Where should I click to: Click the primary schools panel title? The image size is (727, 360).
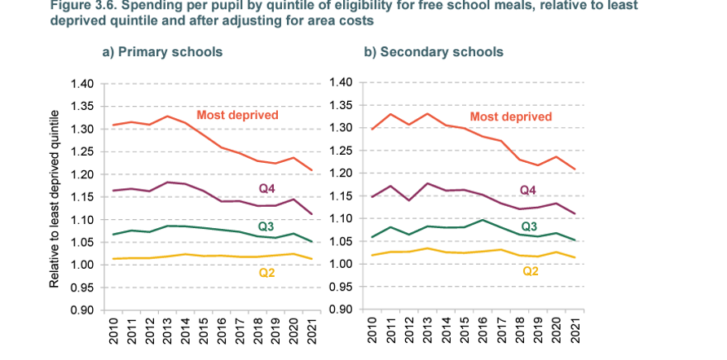[x=161, y=52]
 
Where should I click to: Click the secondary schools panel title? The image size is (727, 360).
[x=433, y=52]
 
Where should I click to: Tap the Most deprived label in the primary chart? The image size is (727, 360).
[x=238, y=115]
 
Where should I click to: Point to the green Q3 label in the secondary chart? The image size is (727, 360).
[x=530, y=226]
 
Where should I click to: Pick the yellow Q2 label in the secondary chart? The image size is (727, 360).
[x=530, y=270]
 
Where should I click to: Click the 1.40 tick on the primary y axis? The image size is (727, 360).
[x=83, y=84]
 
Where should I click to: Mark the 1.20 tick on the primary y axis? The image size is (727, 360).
[x=83, y=174]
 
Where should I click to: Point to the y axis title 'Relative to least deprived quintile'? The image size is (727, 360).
[x=55, y=196]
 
